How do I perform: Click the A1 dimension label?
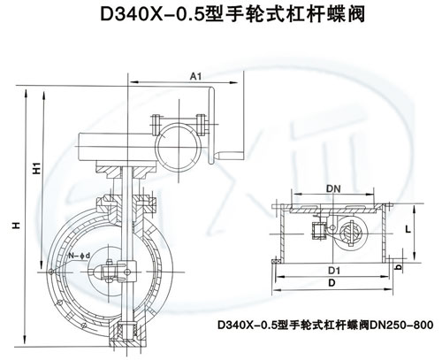195,77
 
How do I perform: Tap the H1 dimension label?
37,168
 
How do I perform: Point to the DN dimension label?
333,188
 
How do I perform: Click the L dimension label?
408,229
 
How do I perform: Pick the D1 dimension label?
334,271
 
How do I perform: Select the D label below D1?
331,283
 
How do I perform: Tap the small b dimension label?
399,267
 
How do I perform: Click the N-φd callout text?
80,256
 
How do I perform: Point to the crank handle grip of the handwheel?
232,154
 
